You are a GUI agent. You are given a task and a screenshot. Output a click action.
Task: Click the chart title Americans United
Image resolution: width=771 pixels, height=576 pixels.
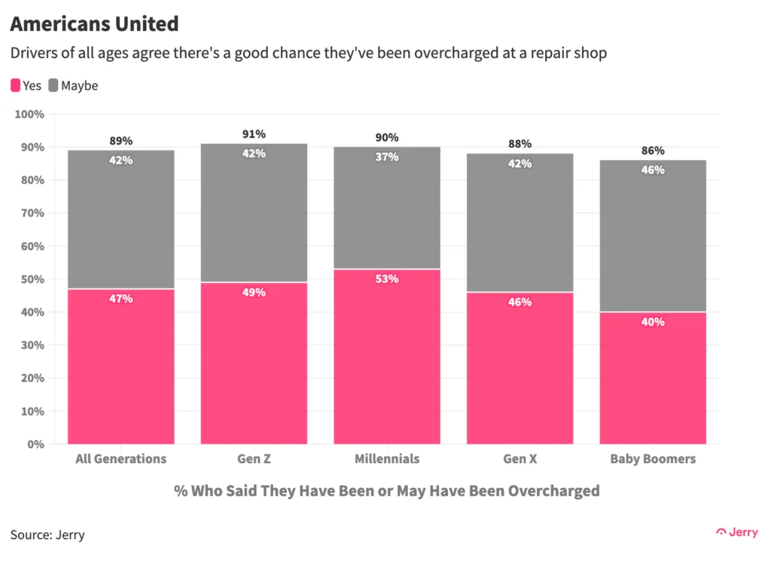(94, 24)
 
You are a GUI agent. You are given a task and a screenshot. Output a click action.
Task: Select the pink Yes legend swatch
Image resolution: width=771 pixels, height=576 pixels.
(15, 85)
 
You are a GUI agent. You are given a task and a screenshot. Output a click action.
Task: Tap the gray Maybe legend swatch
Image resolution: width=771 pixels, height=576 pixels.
(53, 85)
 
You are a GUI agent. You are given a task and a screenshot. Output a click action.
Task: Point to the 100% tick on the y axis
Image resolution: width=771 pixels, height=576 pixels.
(30, 114)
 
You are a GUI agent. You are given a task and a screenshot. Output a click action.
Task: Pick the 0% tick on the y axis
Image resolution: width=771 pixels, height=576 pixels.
(36, 444)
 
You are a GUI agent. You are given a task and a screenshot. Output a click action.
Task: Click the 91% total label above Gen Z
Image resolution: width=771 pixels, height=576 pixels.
(254, 134)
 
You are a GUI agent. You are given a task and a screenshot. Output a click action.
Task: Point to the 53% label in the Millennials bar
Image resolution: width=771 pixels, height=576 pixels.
(387, 279)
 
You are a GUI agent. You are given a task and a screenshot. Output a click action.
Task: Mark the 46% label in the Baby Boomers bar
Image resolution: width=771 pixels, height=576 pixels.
(653, 170)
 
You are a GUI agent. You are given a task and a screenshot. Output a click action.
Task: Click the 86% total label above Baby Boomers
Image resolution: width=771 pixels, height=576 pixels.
(653, 151)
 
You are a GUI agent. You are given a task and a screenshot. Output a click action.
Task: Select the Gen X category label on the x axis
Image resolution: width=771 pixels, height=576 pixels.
(520, 459)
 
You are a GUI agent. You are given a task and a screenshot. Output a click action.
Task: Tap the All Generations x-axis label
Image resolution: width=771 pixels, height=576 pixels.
(120, 459)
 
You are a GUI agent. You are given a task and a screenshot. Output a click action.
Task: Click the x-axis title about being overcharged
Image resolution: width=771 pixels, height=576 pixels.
(387, 491)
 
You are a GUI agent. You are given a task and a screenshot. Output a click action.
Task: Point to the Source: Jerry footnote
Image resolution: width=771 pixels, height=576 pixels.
(47, 535)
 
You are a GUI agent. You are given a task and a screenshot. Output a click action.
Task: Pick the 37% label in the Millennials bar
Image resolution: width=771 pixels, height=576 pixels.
(387, 157)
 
